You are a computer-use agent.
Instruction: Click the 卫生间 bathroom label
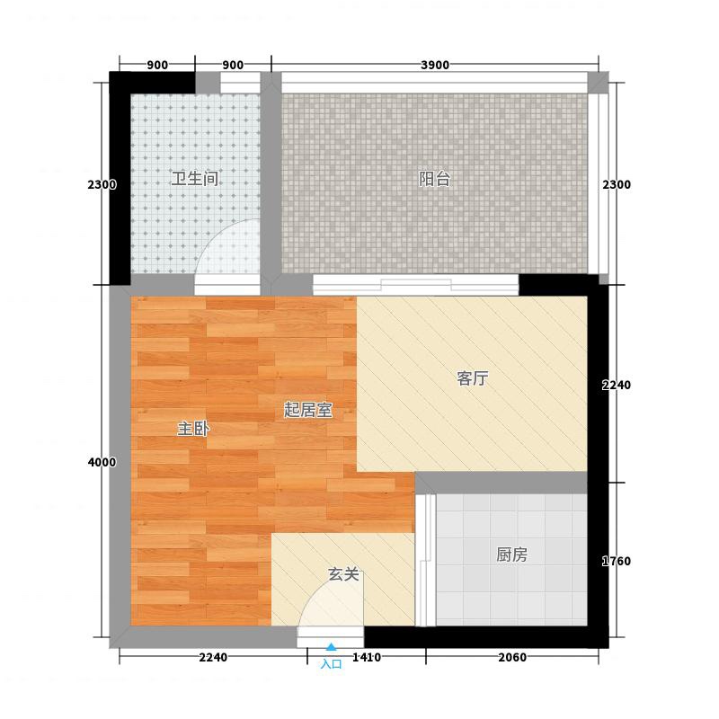194,178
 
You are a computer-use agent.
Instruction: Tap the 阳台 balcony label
434,178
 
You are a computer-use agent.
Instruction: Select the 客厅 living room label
473,378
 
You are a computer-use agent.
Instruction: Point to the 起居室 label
307,410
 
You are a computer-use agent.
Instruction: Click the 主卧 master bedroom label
193,429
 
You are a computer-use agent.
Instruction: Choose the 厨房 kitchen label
511,555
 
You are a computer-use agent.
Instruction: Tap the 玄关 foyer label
343,573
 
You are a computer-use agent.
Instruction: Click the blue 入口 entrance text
331,664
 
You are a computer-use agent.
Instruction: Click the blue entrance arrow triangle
331,647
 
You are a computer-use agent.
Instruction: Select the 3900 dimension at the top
435,65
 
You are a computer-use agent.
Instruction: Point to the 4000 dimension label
102,462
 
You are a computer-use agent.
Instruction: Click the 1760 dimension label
617,561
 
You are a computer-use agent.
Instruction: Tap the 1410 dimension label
367,657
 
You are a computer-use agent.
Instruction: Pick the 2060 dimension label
512,657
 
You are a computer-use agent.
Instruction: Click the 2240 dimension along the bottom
213,657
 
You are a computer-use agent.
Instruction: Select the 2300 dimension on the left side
102,184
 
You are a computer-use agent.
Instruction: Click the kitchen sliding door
425,560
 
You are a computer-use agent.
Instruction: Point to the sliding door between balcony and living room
416,285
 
